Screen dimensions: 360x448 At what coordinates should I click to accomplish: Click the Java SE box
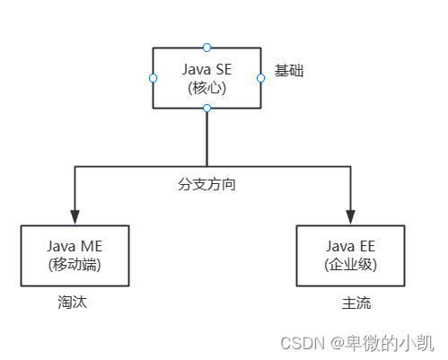click(x=206, y=78)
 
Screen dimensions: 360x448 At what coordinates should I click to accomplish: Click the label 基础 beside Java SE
click(x=289, y=70)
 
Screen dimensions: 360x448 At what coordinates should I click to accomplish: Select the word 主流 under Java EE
click(x=356, y=303)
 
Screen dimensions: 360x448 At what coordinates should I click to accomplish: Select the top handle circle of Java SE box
click(x=206, y=47)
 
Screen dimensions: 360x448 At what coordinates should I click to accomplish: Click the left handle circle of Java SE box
click(x=153, y=78)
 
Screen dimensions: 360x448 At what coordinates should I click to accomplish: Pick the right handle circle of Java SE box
click(x=260, y=78)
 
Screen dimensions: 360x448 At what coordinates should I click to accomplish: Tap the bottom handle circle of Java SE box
click(x=206, y=109)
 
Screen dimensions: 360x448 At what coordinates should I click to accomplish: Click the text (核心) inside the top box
click(x=206, y=88)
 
